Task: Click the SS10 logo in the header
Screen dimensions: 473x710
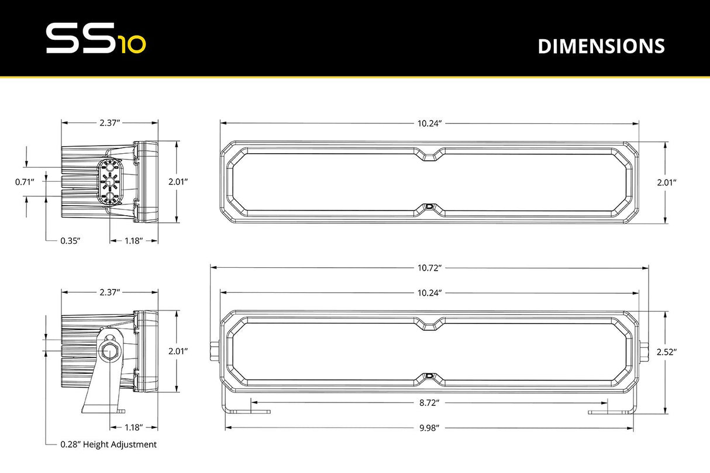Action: click(x=96, y=39)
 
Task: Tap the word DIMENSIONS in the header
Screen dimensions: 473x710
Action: click(x=601, y=46)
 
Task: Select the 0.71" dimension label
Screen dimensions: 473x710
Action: click(x=25, y=182)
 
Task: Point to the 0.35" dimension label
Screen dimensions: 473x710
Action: click(x=70, y=240)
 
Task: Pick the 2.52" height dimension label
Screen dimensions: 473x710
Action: click(x=666, y=352)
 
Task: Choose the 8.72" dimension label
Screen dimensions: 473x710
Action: click(x=429, y=403)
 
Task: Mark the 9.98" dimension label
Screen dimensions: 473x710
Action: click(x=429, y=427)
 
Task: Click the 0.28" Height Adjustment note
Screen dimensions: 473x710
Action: click(x=108, y=444)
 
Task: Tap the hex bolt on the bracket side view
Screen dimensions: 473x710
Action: click(x=109, y=350)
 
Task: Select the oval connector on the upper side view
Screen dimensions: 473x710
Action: click(x=109, y=182)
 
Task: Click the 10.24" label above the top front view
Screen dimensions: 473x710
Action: click(x=429, y=123)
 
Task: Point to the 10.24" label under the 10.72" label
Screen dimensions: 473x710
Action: click(x=429, y=292)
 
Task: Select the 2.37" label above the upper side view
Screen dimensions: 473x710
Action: click(x=109, y=123)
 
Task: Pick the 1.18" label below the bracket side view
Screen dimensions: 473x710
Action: click(x=133, y=427)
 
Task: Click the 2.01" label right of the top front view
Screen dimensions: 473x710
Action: click(x=666, y=182)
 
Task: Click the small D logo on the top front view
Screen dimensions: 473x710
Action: click(x=430, y=206)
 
